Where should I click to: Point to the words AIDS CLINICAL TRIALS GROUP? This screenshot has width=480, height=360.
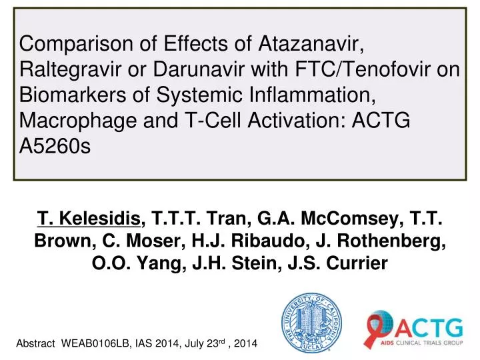point(429,343)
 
